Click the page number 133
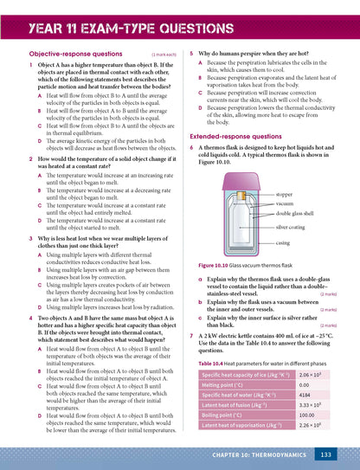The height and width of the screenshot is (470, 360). (325, 454)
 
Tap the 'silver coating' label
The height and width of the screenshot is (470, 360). (290, 227)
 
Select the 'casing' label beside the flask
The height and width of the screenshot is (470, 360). (283, 243)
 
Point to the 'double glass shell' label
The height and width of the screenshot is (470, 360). (295, 211)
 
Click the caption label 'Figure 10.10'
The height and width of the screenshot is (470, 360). (214, 266)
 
